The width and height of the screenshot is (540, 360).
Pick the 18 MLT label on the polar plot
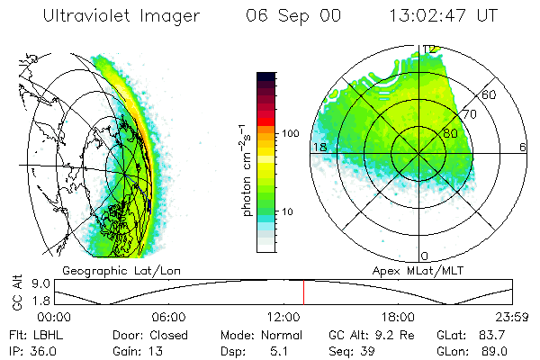(319, 147)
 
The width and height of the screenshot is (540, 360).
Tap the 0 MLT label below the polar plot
(425, 256)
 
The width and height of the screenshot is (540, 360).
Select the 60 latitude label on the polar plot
(490, 94)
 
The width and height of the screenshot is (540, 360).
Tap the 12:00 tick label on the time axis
(283, 317)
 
